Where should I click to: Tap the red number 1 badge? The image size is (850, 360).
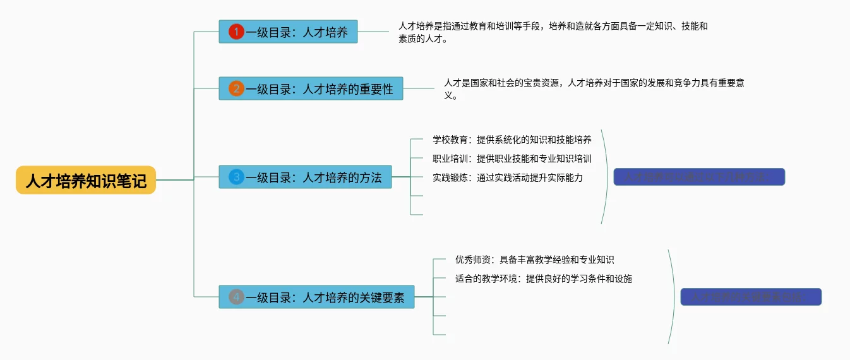[x=236, y=32]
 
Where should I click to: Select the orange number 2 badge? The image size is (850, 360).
[x=236, y=88]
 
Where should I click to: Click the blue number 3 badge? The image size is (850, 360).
[x=236, y=177]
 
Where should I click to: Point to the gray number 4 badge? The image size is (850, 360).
[x=236, y=296]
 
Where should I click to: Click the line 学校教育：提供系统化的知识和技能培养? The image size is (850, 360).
[x=512, y=140]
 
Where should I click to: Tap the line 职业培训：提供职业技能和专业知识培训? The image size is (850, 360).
[x=512, y=159]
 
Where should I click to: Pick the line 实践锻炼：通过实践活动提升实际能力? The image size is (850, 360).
[x=507, y=177]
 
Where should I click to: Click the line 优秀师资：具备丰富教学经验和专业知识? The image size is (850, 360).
[x=534, y=260]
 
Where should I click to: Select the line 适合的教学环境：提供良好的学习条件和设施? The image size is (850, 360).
[x=543, y=279]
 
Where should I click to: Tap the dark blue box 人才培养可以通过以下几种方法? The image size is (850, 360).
[x=699, y=177]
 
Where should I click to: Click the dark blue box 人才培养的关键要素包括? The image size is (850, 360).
[x=751, y=297]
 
